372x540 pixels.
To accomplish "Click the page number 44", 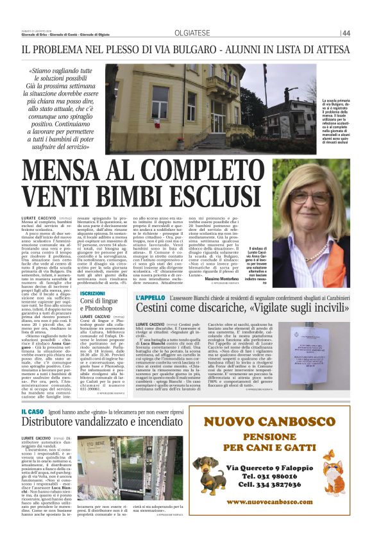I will pyautogui.click(x=364, y=33).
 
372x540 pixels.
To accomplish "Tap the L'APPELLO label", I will pyautogui.click(x=151, y=298).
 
